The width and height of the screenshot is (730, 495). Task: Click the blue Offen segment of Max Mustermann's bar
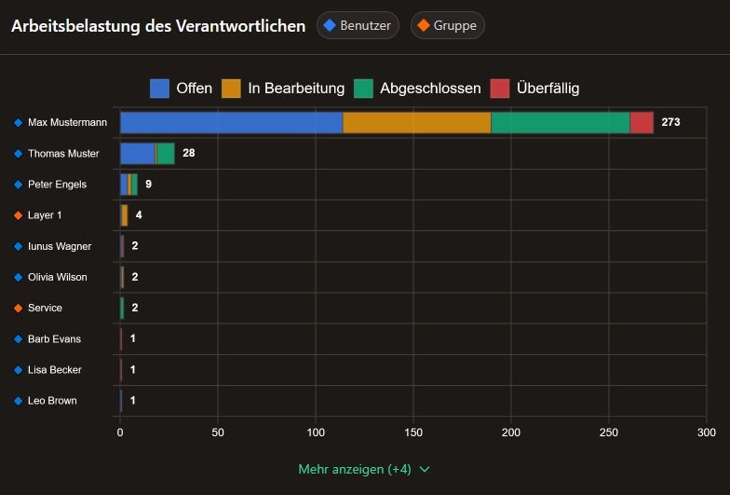point(231,122)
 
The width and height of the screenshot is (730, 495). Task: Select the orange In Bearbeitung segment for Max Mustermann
point(416,122)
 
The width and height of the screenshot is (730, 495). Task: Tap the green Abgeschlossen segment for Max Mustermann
point(560,122)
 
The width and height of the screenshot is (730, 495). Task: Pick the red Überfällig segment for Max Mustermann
point(642,122)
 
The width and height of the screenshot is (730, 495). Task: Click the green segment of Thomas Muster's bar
point(166,153)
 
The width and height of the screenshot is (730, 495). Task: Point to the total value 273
point(671,122)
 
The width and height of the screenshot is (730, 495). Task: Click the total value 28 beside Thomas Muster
point(188,153)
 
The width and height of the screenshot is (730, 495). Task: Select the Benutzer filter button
point(358,25)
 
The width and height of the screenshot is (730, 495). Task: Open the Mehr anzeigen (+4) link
point(364,469)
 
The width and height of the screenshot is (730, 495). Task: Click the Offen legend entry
point(182,89)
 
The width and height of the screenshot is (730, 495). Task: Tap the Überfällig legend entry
point(534,89)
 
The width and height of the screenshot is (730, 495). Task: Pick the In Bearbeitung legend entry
point(283,89)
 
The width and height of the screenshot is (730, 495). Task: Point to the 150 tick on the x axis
point(413,433)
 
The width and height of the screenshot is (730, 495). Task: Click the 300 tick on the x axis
point(706,433)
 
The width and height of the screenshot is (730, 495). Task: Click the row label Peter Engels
point(57,185)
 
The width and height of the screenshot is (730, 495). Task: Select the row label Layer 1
point(46,215)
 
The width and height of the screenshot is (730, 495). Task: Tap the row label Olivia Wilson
point(58,277)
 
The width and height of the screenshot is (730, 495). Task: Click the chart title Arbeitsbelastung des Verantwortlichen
point(158,26)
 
